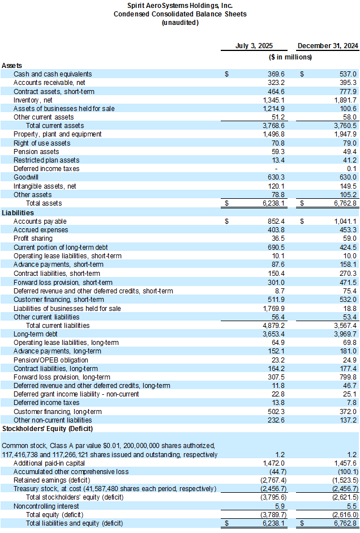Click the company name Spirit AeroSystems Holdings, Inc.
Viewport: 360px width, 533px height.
click(x=180, y=5)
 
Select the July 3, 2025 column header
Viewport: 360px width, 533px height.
click(x=254, y=45)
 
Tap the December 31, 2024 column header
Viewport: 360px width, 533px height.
click(x=328, y=45)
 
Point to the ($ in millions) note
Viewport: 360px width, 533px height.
click(x=290, y=57)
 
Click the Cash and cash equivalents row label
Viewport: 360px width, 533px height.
click(x=53, y=74)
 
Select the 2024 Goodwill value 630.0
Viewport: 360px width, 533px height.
click(x=346, y=177)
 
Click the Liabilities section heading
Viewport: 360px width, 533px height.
click(x=18, y=212)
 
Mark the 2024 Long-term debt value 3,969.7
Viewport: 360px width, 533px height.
click(x=344, y=334)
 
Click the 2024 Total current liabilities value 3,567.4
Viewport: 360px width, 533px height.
click(x=344, y=326)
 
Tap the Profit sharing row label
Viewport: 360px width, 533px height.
click(x=32, y=238)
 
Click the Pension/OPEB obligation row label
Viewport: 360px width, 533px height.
click(x=51, y=360)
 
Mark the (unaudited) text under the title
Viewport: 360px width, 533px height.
click(x=180, y=23)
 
